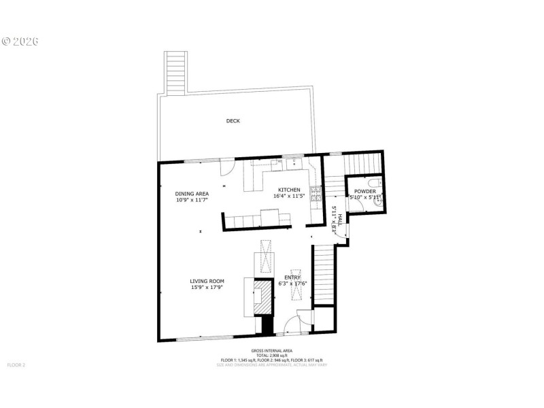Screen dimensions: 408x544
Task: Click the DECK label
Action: pos(233,121)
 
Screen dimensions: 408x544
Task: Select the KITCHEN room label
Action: pos(288,190)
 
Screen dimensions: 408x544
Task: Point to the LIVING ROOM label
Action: pos(207,281)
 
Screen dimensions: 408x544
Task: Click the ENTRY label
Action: pos(292,277)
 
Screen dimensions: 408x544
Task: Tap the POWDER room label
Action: pos(364,192)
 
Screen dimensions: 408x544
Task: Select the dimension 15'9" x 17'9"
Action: pos(207,288)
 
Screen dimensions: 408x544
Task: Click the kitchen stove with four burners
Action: pos(316,195)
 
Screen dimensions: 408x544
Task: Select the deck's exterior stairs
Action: pos(175,73)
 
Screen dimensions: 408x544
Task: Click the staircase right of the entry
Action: pos(324,275)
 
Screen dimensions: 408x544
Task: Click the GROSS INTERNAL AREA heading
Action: pos(271,351)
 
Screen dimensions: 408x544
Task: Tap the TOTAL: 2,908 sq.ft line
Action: pos(271,356)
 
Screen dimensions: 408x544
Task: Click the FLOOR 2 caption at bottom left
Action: pos(15,365)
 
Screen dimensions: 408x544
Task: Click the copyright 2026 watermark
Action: pos(20,41)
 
